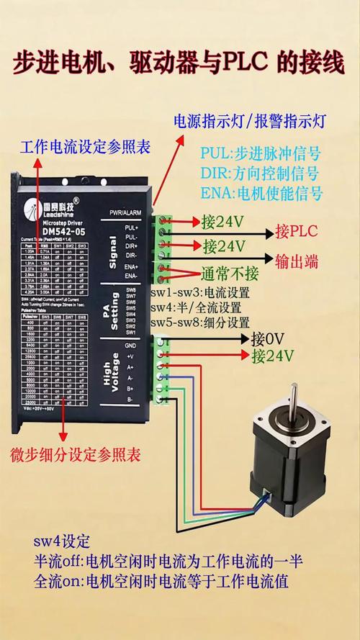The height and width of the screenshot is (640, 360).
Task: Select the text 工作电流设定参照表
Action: [x=85, y=147]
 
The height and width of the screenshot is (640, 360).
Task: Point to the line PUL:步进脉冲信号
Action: [x=260, y=154]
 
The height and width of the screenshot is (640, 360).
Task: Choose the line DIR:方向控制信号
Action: [x=260, y=173]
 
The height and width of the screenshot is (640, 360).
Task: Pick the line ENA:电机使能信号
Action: [x=260, y=193]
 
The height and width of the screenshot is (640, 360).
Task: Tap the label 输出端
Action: [x=296, y=260]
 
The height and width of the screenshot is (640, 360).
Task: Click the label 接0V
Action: [x=268, y=338]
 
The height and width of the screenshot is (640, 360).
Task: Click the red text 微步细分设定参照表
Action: [x=75, y=455]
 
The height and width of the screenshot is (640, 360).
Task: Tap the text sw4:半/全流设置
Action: [x=196, y=308]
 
